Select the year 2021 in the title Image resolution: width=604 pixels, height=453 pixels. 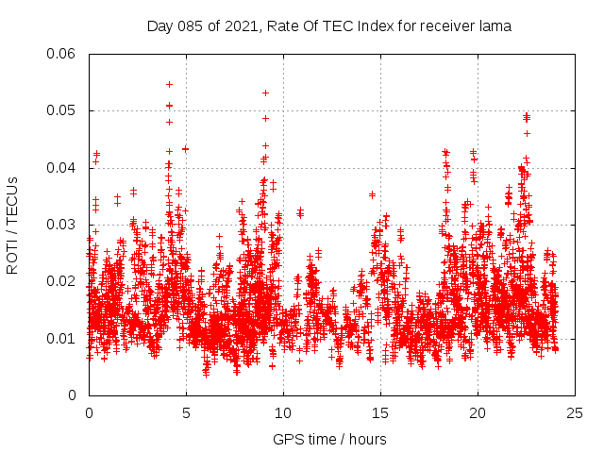click(242, 26)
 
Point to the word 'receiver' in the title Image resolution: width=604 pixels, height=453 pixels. click(445, 26)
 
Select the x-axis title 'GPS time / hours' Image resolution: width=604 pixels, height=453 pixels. click(329, 439)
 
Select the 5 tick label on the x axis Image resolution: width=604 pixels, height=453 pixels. click(186, 413)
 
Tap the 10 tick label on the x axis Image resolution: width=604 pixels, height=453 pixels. click(283, 413)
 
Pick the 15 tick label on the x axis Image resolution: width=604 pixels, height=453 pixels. click(380, 413)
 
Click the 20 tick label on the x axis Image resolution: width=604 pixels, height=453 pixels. click(478, 413)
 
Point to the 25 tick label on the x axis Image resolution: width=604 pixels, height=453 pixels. click(575, 413)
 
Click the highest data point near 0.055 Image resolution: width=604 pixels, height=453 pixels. click(169, 84)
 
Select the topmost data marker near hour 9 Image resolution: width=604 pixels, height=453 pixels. click(265, 92)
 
